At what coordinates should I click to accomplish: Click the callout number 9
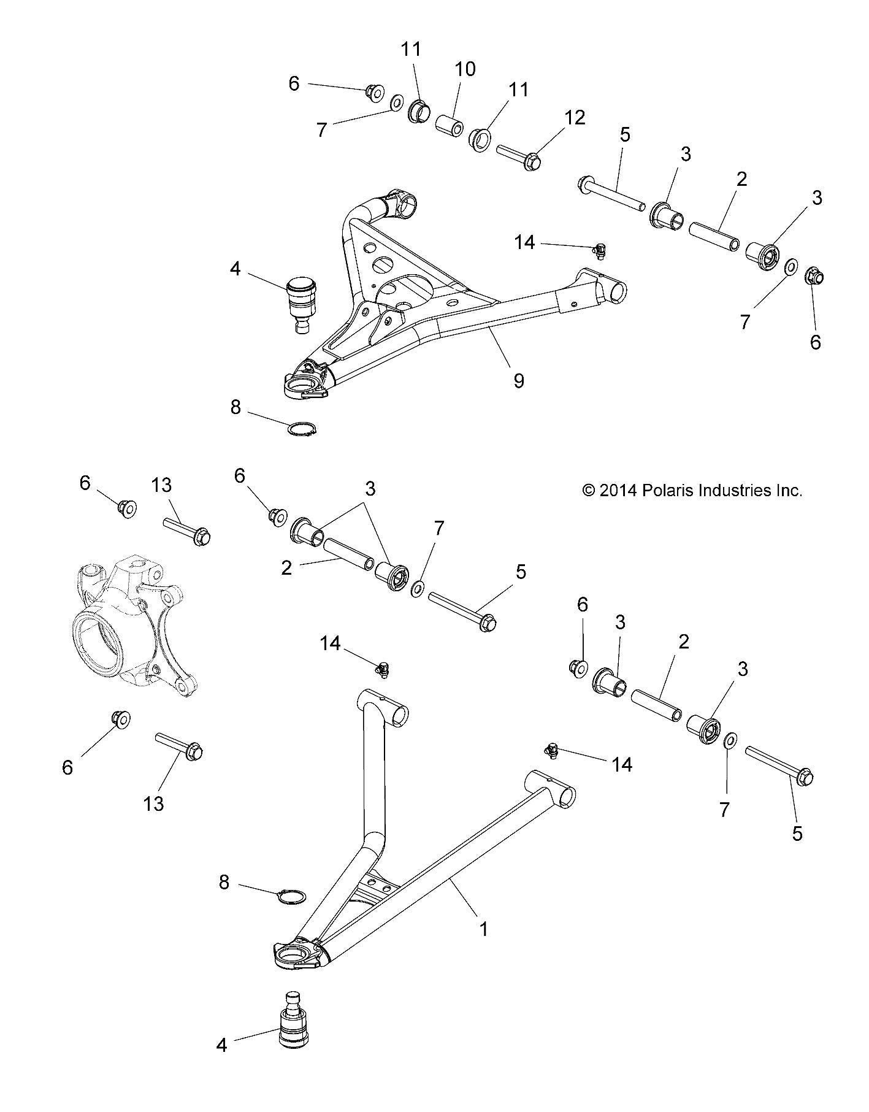tap(518, 381)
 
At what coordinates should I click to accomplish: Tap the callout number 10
tap(465, 69)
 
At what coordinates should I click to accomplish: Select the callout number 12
tap(575, 117)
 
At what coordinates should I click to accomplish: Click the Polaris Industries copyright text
tap(692, 490)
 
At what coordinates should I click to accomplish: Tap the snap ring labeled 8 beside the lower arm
tap(289, 896)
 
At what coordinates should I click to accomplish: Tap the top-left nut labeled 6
tap(371, 93)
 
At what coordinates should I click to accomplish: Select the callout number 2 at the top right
tap(741, 180)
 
